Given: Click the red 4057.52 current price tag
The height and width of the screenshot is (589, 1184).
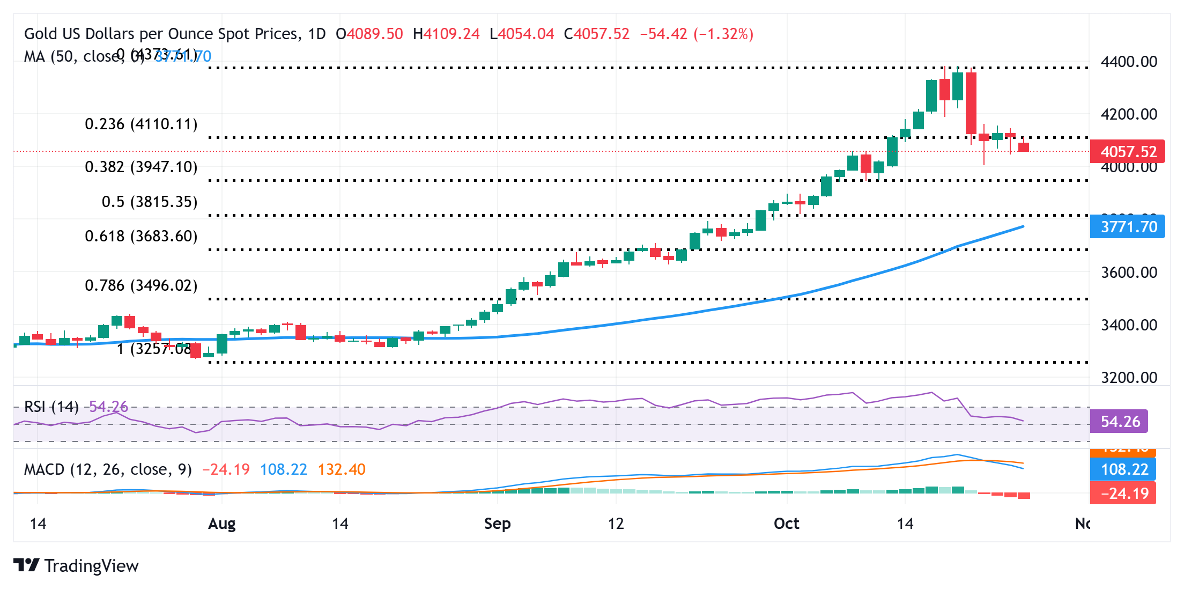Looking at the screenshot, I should [x=1127, y=152].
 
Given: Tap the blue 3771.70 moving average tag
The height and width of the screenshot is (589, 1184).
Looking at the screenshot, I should [x=1127, y=227].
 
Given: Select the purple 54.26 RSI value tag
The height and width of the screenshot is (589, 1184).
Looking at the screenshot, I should [x=1119, y=422].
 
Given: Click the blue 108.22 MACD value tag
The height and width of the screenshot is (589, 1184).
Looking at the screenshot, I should [x=1123, y=469].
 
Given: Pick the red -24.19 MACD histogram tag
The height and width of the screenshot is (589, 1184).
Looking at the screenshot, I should [x=1123, y=493].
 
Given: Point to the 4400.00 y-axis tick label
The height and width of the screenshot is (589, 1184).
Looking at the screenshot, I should [x=1128, y=62].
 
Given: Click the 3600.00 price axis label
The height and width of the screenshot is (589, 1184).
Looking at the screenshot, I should [x=1128, y=273].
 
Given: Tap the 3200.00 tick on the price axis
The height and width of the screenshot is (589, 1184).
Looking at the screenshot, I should [x=1128, y=378].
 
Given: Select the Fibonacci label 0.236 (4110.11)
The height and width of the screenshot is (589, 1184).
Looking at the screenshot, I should [x=141, y=124].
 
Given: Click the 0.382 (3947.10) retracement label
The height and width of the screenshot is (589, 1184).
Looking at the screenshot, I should [x=141, y=167].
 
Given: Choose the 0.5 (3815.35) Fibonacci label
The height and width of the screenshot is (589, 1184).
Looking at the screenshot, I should [x=150, y=202].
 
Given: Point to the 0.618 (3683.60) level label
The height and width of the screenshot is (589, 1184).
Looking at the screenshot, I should [x=141, y=237].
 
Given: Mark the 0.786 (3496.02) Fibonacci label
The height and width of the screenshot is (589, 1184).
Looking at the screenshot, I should [x=141, y=286].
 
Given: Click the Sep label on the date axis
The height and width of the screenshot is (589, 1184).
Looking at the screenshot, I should [x=497, y=524].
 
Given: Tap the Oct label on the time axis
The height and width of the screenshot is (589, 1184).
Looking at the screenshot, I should [x=786, y=524].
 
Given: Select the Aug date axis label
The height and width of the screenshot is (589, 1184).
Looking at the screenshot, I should [x=221, y=524].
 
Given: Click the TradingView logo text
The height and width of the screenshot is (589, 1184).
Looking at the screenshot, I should [x=91, y=566].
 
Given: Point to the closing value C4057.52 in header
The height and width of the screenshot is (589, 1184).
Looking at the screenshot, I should [x=596, y=34].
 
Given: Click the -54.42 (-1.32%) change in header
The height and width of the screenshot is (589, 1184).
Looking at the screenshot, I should [x=697, y=34].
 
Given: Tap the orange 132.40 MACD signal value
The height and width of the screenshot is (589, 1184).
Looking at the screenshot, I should [x=342, y=470].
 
